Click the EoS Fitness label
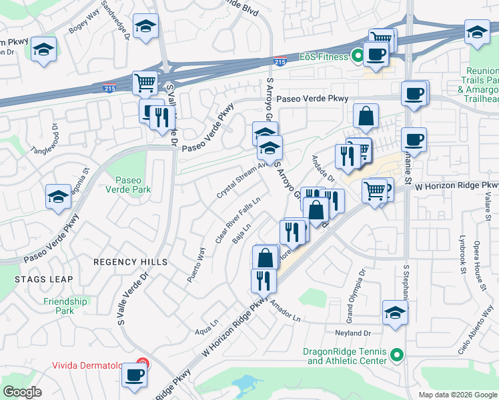[324, 57]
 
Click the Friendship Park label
[65, 306]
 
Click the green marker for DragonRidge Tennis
[397, 355]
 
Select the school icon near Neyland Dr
[395, 311]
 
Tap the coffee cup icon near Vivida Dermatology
[134, 375]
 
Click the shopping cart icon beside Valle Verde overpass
[145, 83]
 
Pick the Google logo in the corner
[23, 391]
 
